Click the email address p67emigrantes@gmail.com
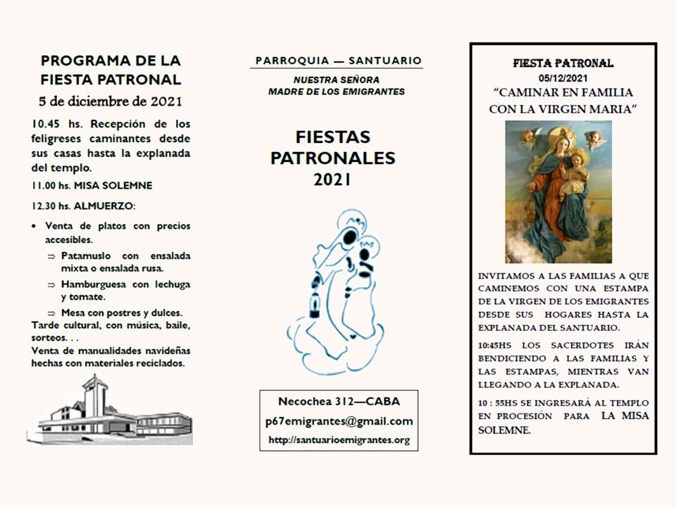338,421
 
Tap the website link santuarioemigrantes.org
339,440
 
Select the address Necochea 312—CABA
339,401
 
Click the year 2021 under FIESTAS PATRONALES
332,180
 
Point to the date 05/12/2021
563,77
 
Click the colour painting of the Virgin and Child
558,192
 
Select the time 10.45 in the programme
45,124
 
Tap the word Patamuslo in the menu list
88,256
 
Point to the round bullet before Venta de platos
35,226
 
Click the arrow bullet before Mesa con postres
51,313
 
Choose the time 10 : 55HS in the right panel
499,403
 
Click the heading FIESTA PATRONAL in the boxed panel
563,63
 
